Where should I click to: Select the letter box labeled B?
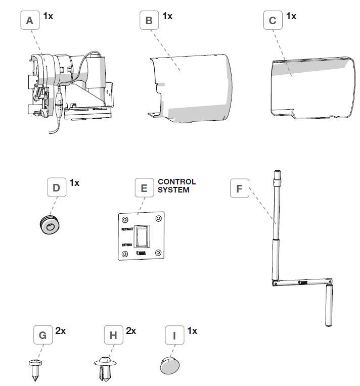click(149, 21)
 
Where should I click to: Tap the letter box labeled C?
click(273, 21)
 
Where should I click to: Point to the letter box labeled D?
click(57, 188)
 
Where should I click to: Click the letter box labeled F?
click(239, 189)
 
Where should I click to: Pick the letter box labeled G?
click(42, 335)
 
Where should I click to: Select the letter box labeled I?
click(175, 335)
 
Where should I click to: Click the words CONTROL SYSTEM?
click(176, 185)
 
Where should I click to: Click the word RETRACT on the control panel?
click(127, 229)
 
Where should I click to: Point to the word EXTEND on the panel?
click(127, 245)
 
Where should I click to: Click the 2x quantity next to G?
click(61, 331)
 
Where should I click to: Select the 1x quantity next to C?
click(291, 16)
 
